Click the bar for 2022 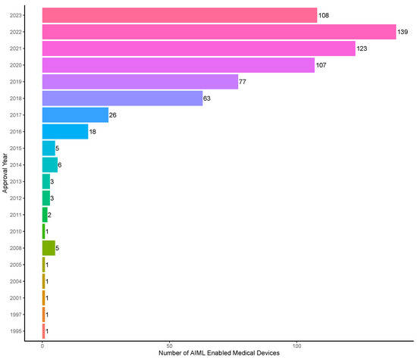pos(219,31)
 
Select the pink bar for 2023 pos(180,14)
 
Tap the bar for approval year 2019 pos(140,82)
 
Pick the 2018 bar pos(122,99)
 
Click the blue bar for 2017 pos(75,114)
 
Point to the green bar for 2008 pos(49,247)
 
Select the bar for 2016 pos(65,131)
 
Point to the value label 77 pos(244,82)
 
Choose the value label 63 pos(208,99)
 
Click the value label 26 pos(114,115)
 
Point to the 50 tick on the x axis pos(169,343)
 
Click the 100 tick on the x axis pos(296,343)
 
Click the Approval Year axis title pos(5,173)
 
